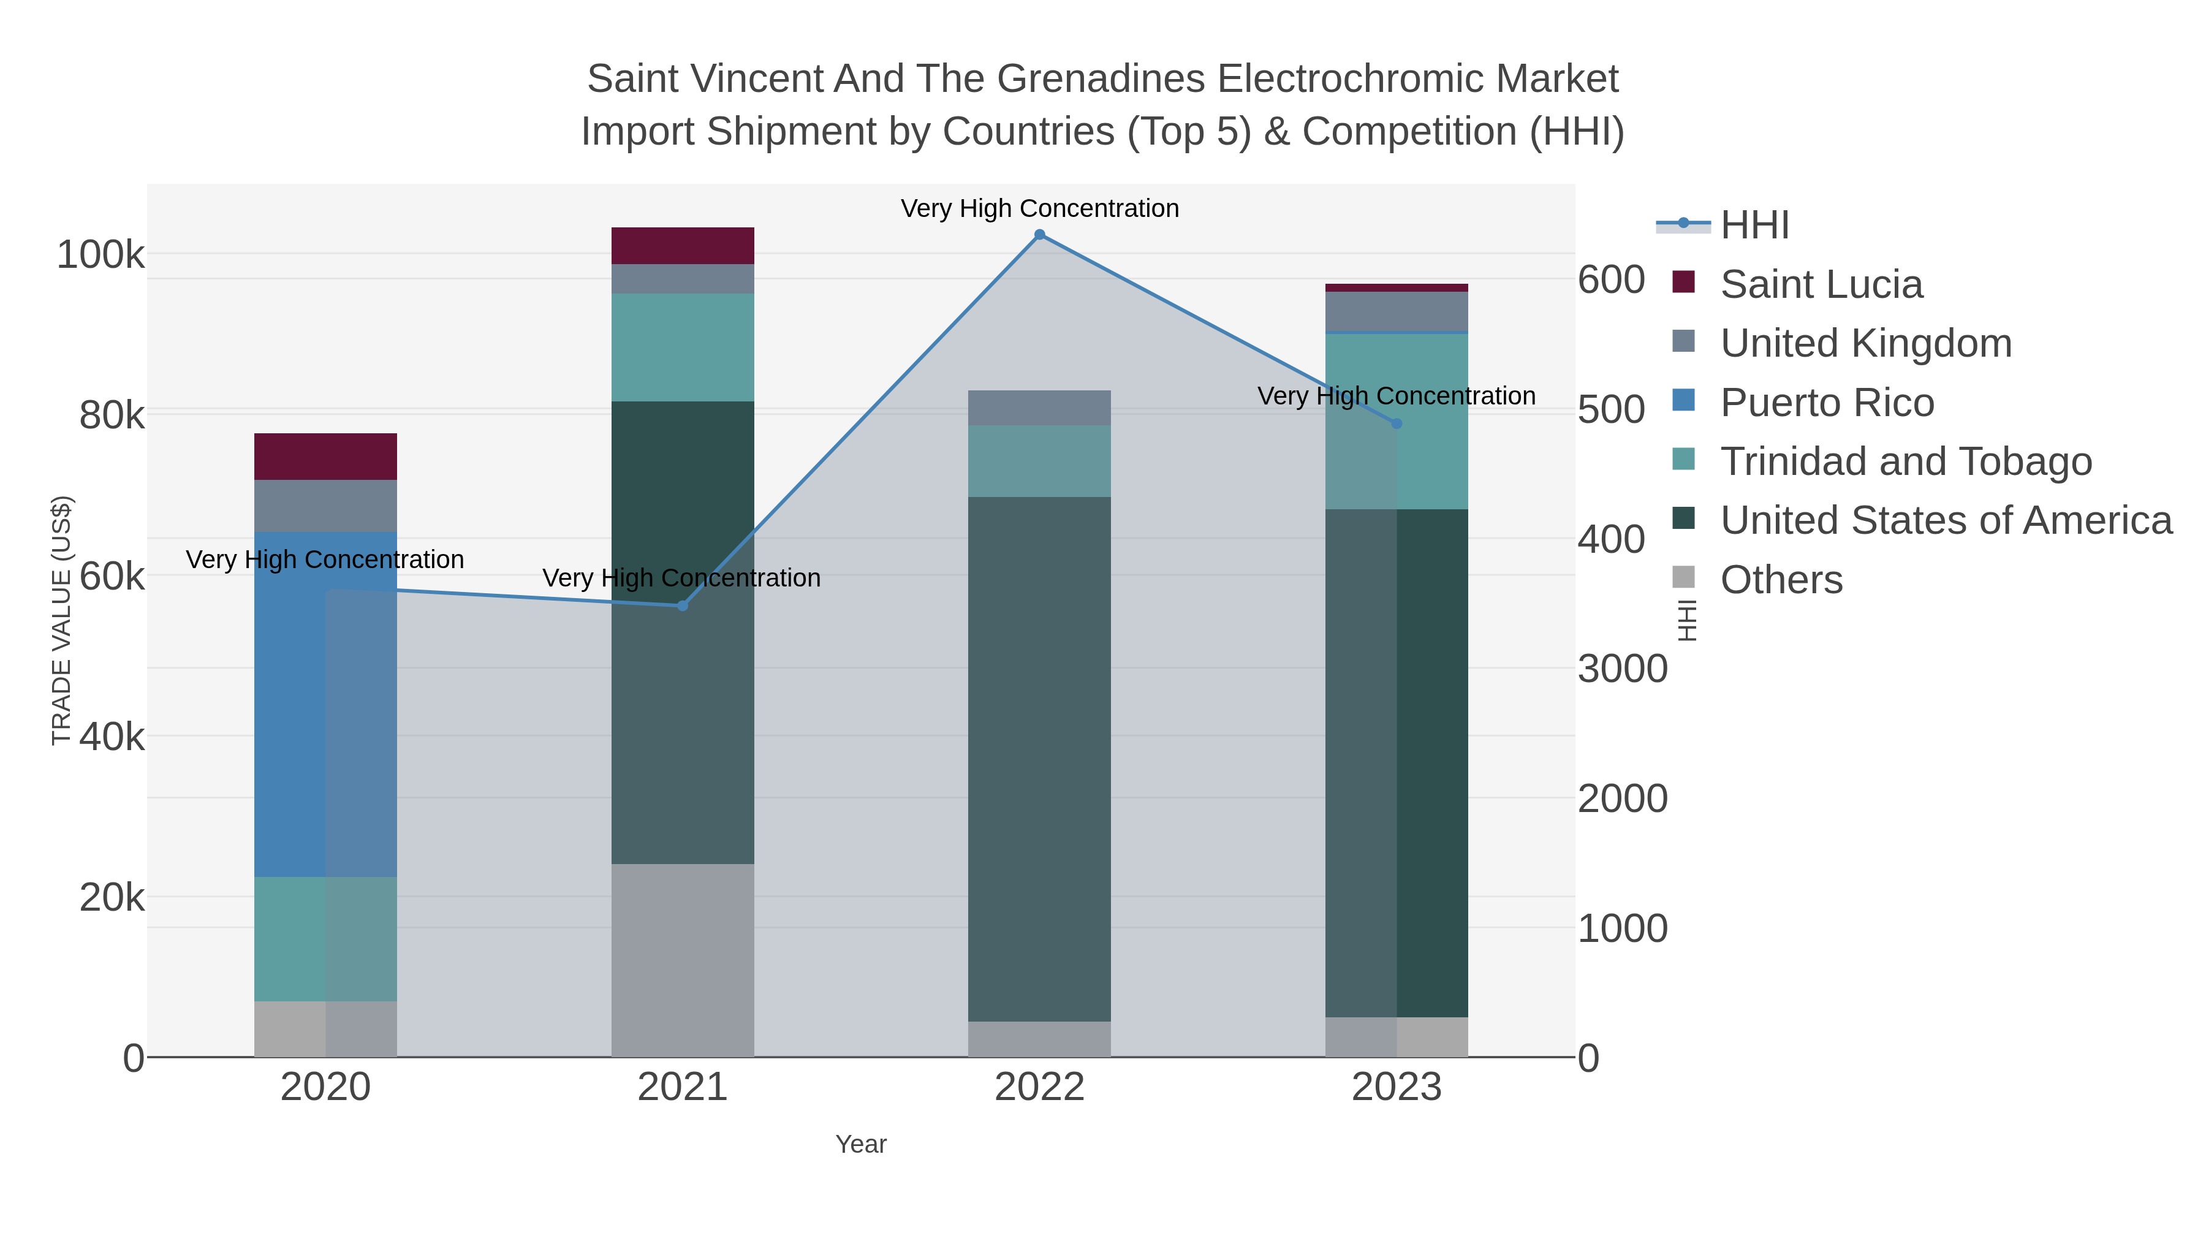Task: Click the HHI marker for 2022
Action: [1040, 235]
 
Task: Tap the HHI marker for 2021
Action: [683, 605]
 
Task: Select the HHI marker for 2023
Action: [1397, 424]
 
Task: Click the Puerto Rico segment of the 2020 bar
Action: [325, 704]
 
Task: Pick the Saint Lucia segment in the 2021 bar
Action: [683, 246]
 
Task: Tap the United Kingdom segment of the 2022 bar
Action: [1040, 408]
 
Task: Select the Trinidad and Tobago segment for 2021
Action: [683, 347]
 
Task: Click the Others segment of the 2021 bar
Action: [683, 960]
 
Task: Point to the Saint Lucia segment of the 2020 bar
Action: [325, 457]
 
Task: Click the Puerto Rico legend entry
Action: [1827, 403]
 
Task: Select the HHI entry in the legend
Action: [1755, 226]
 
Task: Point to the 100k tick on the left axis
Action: [101, 255]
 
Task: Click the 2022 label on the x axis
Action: [1040, 1088]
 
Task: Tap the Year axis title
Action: [861, 1144]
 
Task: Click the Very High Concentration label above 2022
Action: [1040, 209]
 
